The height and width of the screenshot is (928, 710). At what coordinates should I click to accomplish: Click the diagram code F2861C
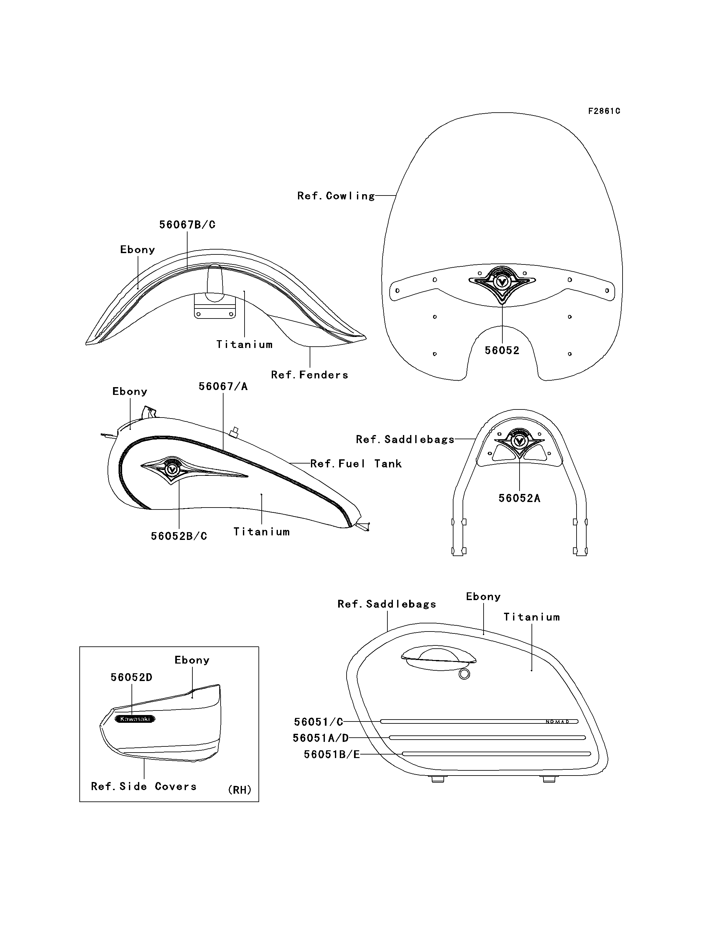tap(604, 111)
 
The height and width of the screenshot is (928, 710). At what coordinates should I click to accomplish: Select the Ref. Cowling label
tap(336, 196)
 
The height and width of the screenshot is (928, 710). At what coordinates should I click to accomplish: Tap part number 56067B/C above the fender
tap(187, 225)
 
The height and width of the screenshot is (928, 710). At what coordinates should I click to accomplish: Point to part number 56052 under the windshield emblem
tap(502, 351)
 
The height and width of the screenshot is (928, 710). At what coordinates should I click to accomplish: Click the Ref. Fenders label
tap(310, 375)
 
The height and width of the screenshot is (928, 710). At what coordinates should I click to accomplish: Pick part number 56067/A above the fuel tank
tap(223, 386)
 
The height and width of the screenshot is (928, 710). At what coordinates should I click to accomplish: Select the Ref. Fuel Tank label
tap(356, 464)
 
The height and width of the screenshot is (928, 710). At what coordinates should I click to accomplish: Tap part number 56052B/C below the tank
tap(179, 536)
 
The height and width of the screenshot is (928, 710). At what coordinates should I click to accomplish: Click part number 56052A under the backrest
tap(520, 498)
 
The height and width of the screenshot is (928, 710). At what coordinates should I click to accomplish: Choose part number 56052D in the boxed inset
tap(132, 677)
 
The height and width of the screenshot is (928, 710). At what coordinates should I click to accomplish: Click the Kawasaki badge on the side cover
tap(135, 719)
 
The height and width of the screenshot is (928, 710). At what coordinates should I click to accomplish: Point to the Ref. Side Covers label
tap(144, 787)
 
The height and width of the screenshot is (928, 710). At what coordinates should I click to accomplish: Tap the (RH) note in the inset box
tap(240, 789)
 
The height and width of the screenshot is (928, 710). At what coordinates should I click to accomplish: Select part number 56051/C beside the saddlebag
tap(319, 722)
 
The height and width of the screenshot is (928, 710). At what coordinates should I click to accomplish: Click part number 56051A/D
tap(321, 738)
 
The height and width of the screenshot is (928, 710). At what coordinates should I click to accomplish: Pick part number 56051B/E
tap(332, 755)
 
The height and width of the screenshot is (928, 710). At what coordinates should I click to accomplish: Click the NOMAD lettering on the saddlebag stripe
tap(557, 722)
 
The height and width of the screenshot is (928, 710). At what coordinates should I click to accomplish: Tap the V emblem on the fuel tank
tap(171, 469)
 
